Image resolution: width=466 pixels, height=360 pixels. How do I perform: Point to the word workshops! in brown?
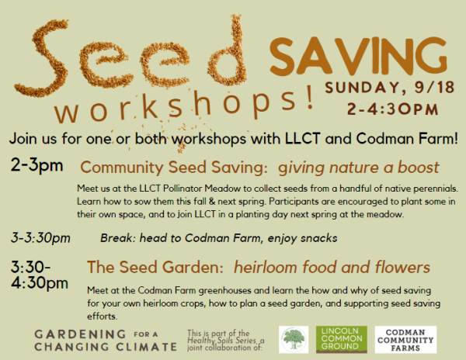click(x=186, y=106)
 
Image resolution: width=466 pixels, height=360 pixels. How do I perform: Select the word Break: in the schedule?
click(x=119, y=237)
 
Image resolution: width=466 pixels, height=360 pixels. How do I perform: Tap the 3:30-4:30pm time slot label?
click(x=38, y=275)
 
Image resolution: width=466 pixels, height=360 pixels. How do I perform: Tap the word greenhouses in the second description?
click(x=195, y=290)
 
